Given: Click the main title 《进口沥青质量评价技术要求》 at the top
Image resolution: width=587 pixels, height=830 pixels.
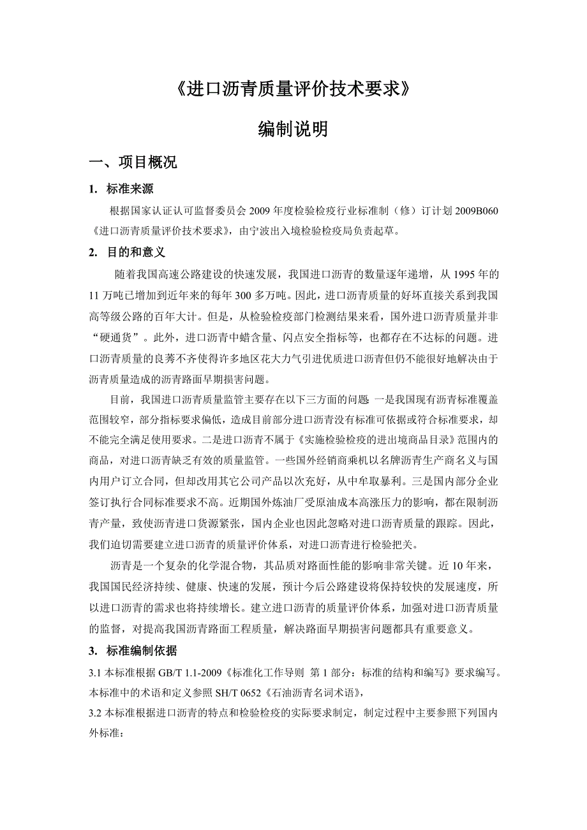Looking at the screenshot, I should [x=293, y=89].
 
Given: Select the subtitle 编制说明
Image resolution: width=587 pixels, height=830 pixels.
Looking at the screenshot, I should [x=293, y=129].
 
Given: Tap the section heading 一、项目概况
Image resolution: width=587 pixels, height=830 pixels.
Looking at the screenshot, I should [x=133, y=163].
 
